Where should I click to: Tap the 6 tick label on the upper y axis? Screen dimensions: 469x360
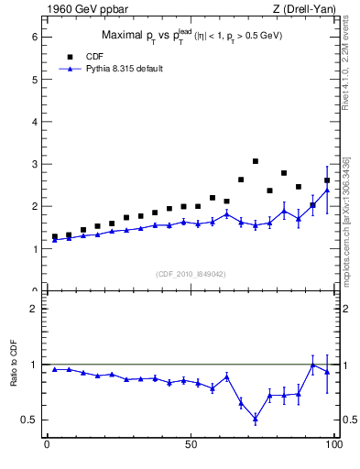(x=34, y=37)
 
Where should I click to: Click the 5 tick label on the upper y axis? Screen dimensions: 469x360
(x=34, y=80)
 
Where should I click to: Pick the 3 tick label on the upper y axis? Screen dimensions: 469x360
(x=34, y=164)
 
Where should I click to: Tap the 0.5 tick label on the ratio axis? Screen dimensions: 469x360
(x=29, y=420)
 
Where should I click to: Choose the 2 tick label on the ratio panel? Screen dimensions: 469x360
(x=34, y=309)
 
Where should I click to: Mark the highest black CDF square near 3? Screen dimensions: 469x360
(x=256, y=161)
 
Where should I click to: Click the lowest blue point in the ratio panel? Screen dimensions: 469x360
(x=256, y=419)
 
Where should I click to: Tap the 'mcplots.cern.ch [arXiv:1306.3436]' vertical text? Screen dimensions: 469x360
(x=345, y=220)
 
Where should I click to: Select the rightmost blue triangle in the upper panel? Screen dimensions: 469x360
(x=327, y=190)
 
